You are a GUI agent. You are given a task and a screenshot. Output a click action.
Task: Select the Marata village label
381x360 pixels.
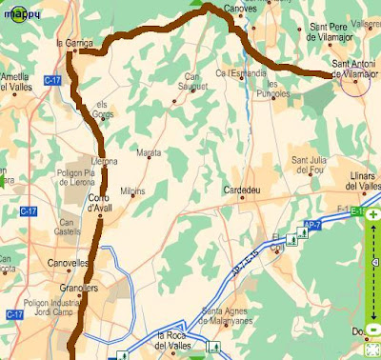(x=149, y=152)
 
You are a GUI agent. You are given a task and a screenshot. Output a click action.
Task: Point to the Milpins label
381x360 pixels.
(x=132, y=190)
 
